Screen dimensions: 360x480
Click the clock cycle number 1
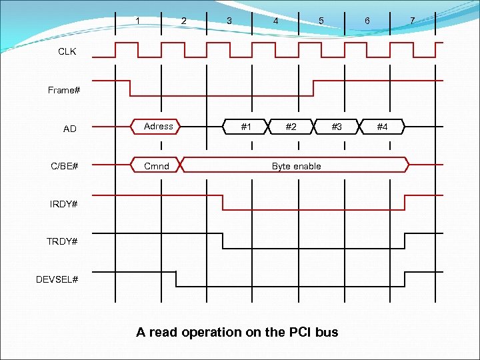138,21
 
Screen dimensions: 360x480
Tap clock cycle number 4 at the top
275,21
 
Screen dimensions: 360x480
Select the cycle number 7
412,21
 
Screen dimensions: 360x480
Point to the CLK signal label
67,51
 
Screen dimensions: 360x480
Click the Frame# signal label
64,90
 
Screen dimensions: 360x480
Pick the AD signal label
69,129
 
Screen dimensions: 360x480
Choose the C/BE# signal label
65,165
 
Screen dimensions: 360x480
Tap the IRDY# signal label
63,203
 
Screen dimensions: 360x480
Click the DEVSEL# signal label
57,279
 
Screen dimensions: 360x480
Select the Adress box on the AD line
159,126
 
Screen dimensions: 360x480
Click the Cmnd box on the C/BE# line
157,165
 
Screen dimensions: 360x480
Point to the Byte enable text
296,166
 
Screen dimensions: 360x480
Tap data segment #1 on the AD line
246,126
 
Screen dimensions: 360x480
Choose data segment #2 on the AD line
291,126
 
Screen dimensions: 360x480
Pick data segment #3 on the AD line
337,126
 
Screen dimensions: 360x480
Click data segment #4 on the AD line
382,126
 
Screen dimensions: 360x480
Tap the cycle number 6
367,21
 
